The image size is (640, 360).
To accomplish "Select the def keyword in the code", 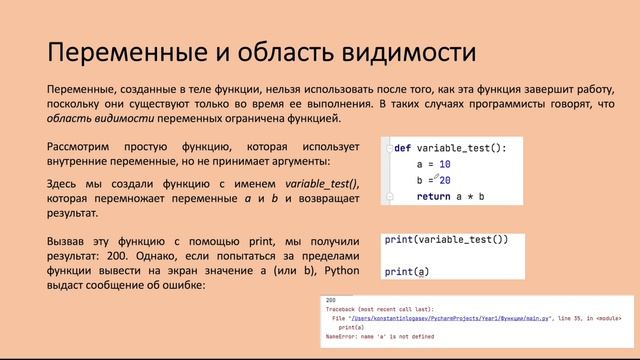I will click(402, 148).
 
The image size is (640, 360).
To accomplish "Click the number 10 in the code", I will click(445, 164).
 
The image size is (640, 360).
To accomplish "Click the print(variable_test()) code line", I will click(447, 240).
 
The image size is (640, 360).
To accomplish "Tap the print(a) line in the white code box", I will click(406, 271).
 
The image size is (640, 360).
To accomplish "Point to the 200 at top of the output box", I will click(331, 299).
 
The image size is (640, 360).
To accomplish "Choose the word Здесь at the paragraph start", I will click(66, 185).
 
